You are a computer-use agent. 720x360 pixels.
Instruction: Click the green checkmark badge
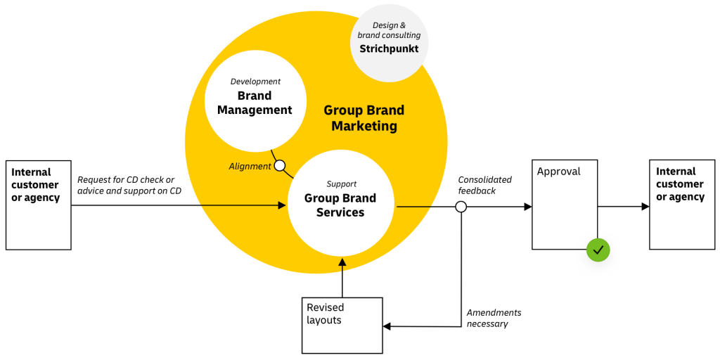click(x=598, y=250)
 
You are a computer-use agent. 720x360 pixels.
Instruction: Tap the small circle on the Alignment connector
click(x=280, y=166)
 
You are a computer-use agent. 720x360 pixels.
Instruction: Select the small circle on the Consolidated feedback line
click(x=461, y=207)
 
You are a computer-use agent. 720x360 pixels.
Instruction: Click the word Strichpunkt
click(x=389, y=49)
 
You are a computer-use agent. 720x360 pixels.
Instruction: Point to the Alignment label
click(x=250, y=167)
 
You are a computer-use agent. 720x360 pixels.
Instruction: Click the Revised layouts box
click(x=342, y=325)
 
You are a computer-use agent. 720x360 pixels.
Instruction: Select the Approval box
click(x=565, y=205)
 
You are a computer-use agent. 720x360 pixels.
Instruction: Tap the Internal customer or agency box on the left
click(x=39, y=205)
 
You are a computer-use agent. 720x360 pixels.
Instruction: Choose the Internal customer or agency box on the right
click(x=681, y=204)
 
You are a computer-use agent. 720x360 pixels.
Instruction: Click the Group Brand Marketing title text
click(x=364, y=118)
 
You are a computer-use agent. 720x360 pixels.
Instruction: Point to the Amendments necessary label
click(x=494, y=318)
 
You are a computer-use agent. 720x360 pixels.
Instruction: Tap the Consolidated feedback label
click(x=485, y=185)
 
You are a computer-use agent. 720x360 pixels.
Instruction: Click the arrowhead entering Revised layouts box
click(x=387, y=326)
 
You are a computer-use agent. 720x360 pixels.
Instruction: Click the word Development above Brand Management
click(x=255, y=82)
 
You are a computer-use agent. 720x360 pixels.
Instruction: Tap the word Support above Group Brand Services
click(x=342, y=184)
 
